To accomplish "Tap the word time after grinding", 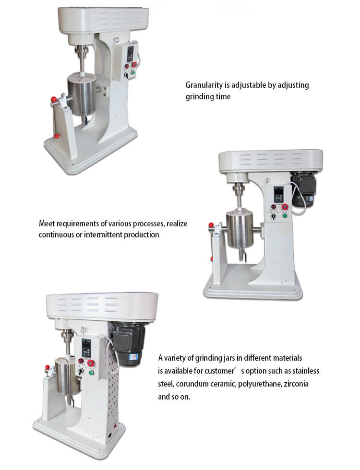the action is pyautogui.click(x=224, y=96).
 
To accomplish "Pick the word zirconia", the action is pyautogui.click(x=296, y=384).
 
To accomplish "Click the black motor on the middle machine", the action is pyautogui.click(x=303, y=190).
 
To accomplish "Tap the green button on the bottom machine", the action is pyautogui.click(x=91, y=373).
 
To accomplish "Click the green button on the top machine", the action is pyautogui.click(x=132, y=72).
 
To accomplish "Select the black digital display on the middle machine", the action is pyautogui.click(x=278, y=195).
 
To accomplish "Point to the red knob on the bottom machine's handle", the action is pyautogui.click(x=47, y=367).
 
